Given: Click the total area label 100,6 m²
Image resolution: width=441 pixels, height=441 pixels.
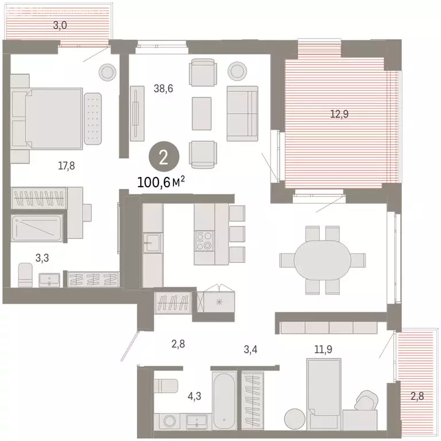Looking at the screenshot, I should [161, 182].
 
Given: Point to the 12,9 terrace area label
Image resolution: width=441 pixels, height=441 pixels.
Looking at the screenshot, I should [339, 114].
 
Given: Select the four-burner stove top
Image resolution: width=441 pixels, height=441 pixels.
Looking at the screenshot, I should [204, 241].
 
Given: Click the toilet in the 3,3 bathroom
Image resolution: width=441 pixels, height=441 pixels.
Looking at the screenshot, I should [25, 275].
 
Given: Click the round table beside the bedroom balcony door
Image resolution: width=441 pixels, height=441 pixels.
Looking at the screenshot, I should [107, 72].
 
